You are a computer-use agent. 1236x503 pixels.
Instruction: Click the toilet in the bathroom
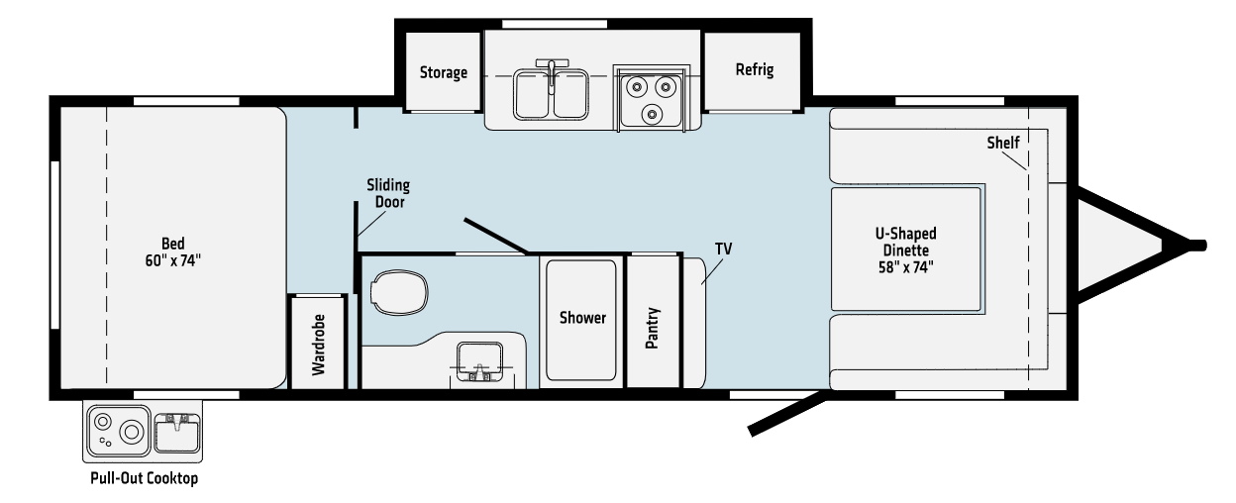click(399, 292)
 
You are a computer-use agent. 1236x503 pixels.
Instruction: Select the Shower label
click(582, 318)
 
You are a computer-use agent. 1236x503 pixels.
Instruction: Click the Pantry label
click(653, 328)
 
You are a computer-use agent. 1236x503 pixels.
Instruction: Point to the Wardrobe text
click(318, 345)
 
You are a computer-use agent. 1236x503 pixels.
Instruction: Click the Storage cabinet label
click(443, 72)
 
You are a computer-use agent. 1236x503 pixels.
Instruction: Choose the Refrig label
click(755, 69)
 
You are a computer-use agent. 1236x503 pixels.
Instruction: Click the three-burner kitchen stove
click(651, 99)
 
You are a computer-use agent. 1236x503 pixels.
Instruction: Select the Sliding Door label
click(388, 193)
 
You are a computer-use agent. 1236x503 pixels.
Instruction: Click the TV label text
click(723, 249)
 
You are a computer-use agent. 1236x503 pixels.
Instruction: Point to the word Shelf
click(1002, 143)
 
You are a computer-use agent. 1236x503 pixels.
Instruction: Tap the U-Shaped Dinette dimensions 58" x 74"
click(905, 267)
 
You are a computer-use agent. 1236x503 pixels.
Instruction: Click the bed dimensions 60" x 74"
click(172, 260)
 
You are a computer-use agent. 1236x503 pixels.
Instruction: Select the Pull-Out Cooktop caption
click(144, 478)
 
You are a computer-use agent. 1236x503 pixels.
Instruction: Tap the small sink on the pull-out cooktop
click(177, 432)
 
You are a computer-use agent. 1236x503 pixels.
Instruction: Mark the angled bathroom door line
click(495, 237)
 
